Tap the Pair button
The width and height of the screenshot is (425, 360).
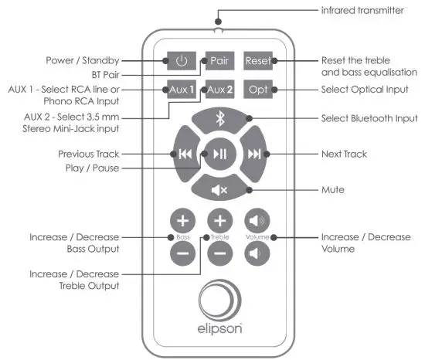[218, 60]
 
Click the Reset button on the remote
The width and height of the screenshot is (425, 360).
[257, 60]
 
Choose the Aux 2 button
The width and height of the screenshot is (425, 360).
[218, 90]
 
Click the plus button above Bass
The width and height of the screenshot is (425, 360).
[182, 219]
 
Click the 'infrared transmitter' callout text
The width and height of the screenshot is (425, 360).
[362, 12]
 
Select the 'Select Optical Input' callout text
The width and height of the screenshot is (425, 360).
[368, 90]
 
